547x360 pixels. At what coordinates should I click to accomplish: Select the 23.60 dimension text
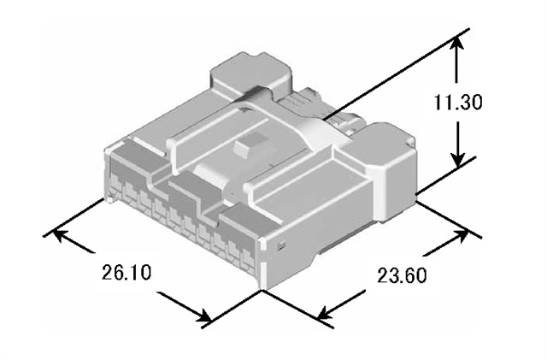coord(402,276)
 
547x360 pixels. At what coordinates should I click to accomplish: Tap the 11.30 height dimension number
coord(459,103)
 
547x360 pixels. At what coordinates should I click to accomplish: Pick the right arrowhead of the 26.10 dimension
coord(205,317)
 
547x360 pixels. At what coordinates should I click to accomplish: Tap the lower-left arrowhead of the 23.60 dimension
coord(324,317)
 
